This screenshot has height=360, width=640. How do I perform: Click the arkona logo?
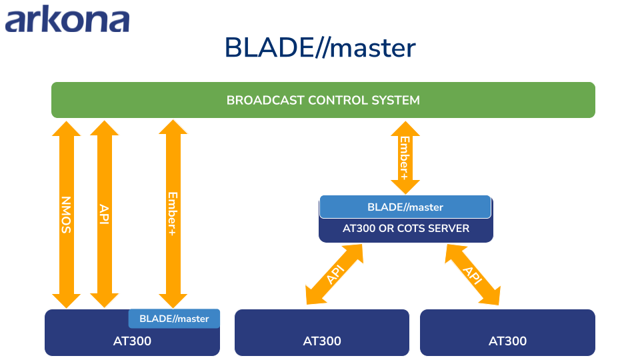pyautogui.click(x=67, y=19)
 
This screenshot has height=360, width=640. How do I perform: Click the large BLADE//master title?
pyautogui.click(x=321, y=48)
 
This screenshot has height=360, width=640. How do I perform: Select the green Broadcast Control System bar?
pyautogui.click(x=323, y=100)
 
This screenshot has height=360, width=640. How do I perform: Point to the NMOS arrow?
pyautogui.click(x=66, y=215)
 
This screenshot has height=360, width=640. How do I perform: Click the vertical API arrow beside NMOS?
pyautogui.click(x=104, y=214)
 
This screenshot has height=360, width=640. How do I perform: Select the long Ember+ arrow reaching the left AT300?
pyautogui.click(x=173, y=214)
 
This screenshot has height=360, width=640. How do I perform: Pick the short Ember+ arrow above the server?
pyautogui.click(x=405, y=157)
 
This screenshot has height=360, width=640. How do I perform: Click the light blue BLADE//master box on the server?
pyautogui.click(x=405, y=207)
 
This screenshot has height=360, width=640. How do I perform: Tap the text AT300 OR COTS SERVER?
pyautogui.click(x=406, y=228)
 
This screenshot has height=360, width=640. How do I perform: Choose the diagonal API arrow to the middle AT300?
pyautogui.click(x=334, y=274)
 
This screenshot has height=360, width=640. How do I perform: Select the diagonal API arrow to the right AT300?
pyautogui.click(x=473, y=275)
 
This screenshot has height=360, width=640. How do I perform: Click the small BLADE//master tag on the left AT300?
pyautogui.click(x=174, y=319)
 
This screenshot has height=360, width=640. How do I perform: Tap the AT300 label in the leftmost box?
pyautogui.click(x=132, y=341)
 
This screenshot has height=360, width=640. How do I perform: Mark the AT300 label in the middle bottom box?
pyautogui.click(x=322, y=341)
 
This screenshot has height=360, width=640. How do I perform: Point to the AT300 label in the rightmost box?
pyautogui.click(x=508, y=341)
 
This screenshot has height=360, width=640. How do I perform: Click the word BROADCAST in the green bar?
pyautogui.click(x=265, y=100)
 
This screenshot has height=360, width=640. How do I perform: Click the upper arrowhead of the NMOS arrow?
pyautogui.click(x=66, y=128)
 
